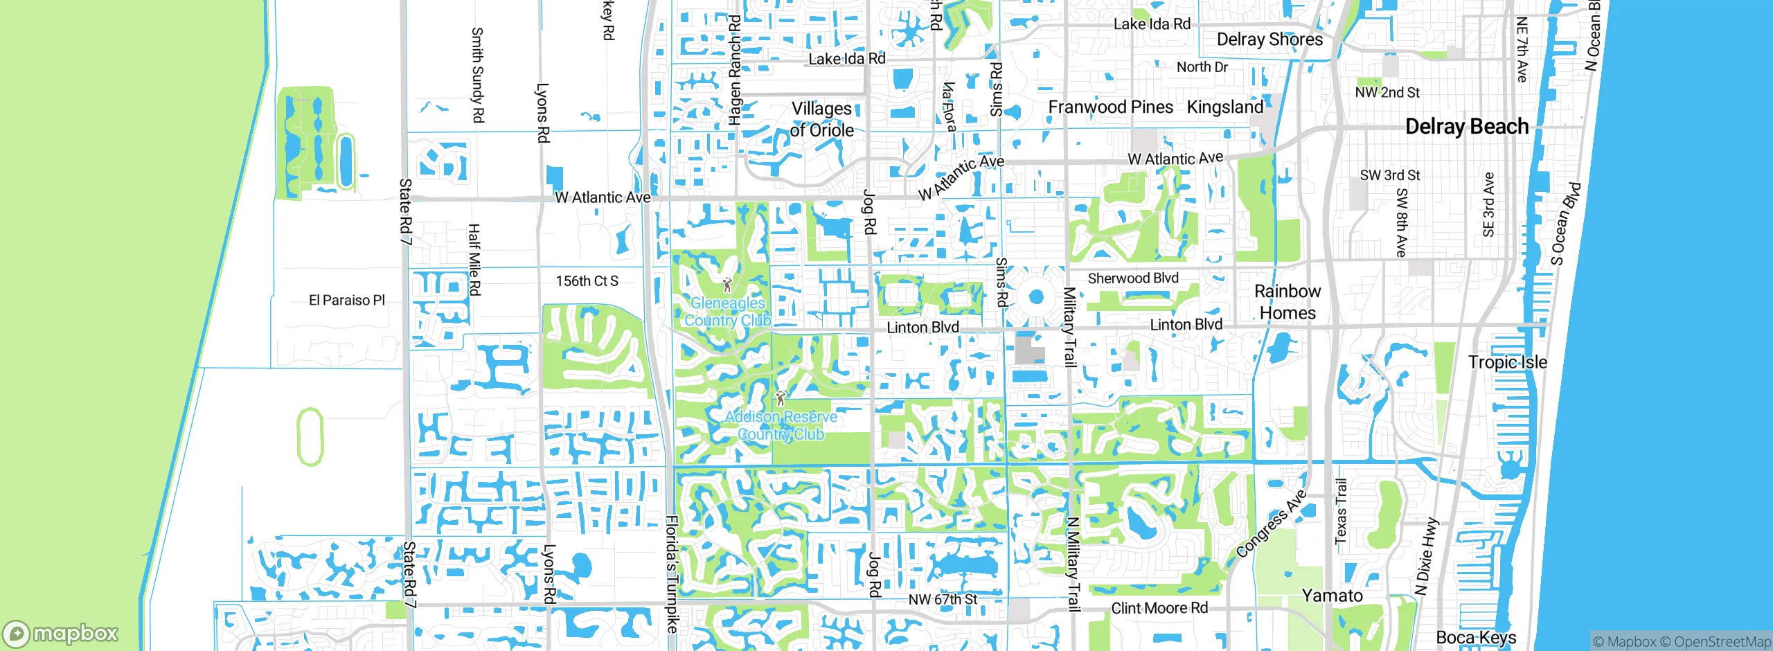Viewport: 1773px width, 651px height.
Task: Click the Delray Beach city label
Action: [1466, 127]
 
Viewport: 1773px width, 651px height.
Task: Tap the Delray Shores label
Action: [1269, 39]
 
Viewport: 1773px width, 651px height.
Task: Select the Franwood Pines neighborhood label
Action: [1110, 107]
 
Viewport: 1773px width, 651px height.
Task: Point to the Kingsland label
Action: [1224, 107]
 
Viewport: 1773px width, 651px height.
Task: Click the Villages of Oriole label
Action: [821, 119]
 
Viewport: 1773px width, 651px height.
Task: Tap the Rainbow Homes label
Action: [1288, 302]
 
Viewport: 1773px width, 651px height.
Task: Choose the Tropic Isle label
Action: [1507, 362]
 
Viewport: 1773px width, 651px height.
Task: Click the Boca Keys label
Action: [1476, 637]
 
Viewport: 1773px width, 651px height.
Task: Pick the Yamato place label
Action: [1332, 596]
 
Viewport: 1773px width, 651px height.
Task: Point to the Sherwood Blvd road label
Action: [1132, 278]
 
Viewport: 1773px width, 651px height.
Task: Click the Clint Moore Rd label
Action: [1159, 608]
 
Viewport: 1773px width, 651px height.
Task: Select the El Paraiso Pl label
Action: [346, 300]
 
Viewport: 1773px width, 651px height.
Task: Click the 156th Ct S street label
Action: [587, 281]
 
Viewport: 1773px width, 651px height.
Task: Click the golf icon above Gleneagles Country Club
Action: [727, 285]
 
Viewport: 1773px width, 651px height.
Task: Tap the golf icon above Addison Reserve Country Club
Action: [781, 398]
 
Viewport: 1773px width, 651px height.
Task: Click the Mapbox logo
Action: [61, 633]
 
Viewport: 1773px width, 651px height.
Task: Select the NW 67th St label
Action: [943, 599]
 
